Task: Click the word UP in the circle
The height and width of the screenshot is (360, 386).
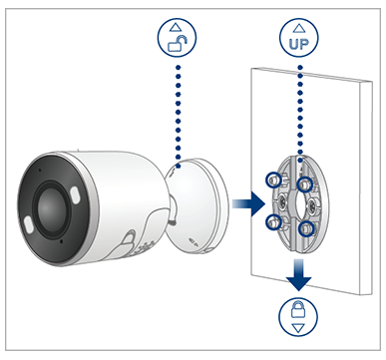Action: [299, 44]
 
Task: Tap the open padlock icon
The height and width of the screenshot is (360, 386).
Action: [178, 44]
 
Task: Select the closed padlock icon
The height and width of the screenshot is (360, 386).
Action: [298, 310]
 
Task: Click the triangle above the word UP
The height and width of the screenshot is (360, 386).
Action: [299, 28]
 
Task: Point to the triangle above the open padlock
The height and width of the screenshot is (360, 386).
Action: [176, 27]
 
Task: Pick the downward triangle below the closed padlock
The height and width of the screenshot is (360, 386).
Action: [298, 328]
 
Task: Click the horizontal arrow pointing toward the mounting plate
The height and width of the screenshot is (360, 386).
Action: [248, 203]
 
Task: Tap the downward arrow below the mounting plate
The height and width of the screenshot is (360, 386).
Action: [299, 275]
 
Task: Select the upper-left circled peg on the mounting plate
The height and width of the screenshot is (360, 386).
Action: [273, 180]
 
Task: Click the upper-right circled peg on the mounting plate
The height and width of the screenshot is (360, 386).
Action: [305, 183]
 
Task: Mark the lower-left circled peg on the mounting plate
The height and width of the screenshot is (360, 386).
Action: [273, 221]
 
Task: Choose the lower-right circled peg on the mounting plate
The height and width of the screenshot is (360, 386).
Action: [306, 229]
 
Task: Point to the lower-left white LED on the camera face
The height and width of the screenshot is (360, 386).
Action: [28, 223]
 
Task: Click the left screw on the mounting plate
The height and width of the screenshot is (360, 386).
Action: [284, 200]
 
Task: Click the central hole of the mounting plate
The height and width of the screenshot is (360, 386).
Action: [298, 203]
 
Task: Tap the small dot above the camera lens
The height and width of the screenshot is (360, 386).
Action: [40, 170]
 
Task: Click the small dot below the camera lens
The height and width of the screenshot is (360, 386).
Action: [62, 240]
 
